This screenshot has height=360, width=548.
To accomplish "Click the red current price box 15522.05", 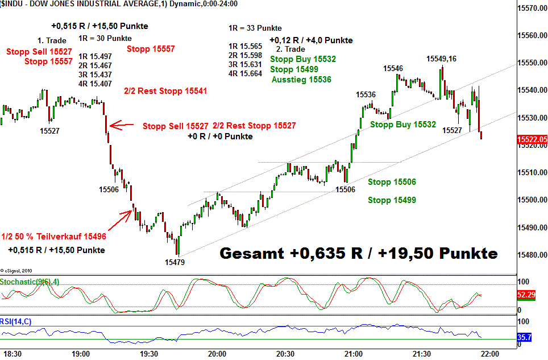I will pos(532,139).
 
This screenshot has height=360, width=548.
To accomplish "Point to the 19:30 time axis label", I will pos(149,354).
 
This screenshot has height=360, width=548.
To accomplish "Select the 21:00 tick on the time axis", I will pos(353,354).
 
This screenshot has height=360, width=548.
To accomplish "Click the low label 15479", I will pos(175,262).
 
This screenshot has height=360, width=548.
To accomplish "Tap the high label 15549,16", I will pos(442,59).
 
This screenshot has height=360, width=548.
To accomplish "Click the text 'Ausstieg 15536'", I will pos(301,80).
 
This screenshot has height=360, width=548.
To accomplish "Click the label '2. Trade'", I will pos(290,49).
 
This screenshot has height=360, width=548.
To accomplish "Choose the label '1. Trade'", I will pos(52,40).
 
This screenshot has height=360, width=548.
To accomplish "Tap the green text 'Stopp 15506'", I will pos(392,183).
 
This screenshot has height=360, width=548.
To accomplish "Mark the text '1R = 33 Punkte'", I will pos(255,28).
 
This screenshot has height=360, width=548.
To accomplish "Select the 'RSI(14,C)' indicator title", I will pos(16,322).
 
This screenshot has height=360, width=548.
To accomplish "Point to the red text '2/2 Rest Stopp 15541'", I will pos(165,90).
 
